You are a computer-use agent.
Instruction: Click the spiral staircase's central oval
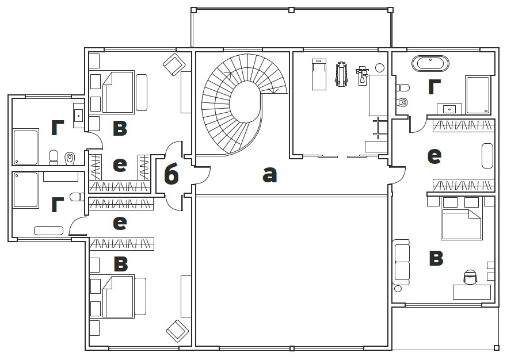click(245, 101)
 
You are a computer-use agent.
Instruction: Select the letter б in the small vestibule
click(171, 175)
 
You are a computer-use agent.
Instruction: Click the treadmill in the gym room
click(319, 74)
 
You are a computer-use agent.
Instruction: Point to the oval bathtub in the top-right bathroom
click(430, 63)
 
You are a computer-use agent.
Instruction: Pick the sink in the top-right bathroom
click(450, 108)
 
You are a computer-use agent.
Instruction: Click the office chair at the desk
click(470, 277)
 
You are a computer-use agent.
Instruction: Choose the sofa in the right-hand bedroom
click(401, 262)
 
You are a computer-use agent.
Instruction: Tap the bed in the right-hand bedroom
click(462, 224)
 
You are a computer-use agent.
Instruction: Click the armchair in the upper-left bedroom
click(174, 64)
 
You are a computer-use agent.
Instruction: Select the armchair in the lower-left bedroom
click(177, 331)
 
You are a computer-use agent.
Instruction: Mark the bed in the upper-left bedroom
click(119, 92)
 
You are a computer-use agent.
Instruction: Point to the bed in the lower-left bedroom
click(119, 296)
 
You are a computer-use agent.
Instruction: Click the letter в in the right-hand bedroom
click(436, 259)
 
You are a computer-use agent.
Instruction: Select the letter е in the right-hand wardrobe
click(434, 155)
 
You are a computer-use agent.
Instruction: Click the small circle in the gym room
click(380, 68)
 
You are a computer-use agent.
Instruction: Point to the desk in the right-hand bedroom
click(471, 292)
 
